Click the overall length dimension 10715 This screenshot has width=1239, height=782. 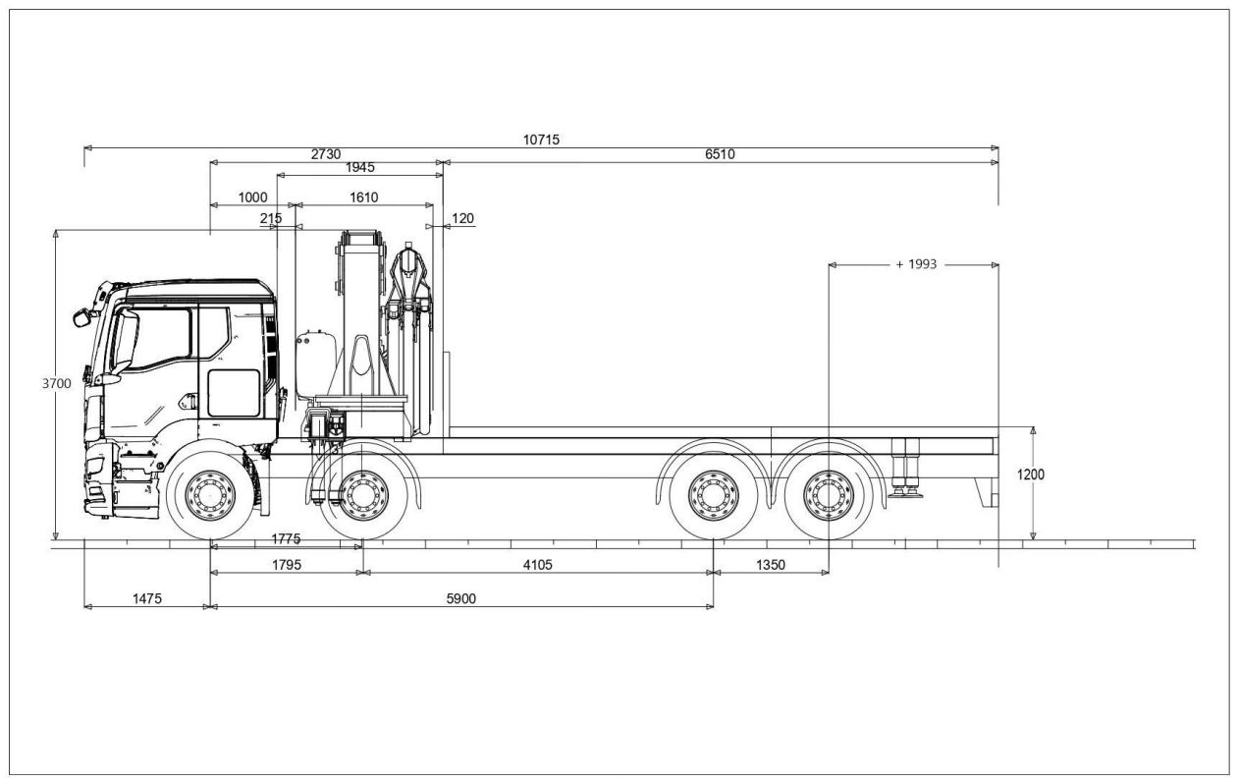(x=541, y=140)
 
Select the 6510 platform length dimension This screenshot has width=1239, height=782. (x=720, y=154)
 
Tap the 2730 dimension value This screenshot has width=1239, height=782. (x=326, y=154)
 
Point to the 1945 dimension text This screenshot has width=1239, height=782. (x=360, y=168)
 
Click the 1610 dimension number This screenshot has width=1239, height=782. (x=364, y=197)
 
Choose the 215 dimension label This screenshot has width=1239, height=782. (x=270, y=219)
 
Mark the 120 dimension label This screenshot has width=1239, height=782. (x=462, y=219)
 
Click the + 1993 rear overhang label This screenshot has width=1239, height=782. (x=917, y=264)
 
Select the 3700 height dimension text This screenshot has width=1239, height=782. (x=56, y=383)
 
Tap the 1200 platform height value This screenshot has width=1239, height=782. (x=1031, y=475)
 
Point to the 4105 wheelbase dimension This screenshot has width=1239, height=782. (x=538, y=565)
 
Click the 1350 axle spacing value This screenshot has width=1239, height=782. (x=771, y=565)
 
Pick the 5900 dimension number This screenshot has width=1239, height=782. (x=460, y=599)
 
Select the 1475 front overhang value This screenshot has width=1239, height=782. (x=147, y=599)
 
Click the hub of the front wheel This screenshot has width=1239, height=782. (x=210, y=496)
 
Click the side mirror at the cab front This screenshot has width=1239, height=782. (x=81, y=317)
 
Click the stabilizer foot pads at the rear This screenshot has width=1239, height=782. (x=905, y=492)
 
